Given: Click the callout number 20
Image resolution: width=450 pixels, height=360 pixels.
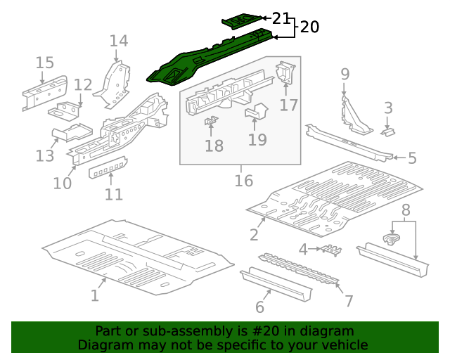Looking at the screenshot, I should [x=309, y=27].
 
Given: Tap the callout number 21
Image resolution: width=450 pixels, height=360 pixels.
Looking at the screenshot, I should [x=281, y=18].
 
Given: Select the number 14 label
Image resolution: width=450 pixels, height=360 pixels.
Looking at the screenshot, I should [x=118, y=41].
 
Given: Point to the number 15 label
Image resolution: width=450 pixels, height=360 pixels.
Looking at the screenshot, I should [x=44, y=63].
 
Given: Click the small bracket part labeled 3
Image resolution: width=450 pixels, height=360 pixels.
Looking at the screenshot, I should [x=387, y=131].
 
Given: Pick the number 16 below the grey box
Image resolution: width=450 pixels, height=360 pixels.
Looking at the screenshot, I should [x=243, y=181].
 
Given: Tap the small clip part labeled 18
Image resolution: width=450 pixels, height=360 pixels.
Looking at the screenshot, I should [x=210, y=124].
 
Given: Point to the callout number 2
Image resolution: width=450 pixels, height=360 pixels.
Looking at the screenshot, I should [x=254, y=234].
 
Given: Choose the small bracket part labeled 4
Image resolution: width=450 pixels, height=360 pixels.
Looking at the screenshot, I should [x=331, y=250].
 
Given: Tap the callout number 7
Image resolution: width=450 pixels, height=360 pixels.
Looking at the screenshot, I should [x=349, y=301].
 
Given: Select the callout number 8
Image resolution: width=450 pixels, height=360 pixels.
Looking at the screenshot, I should [x=405, y=210].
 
